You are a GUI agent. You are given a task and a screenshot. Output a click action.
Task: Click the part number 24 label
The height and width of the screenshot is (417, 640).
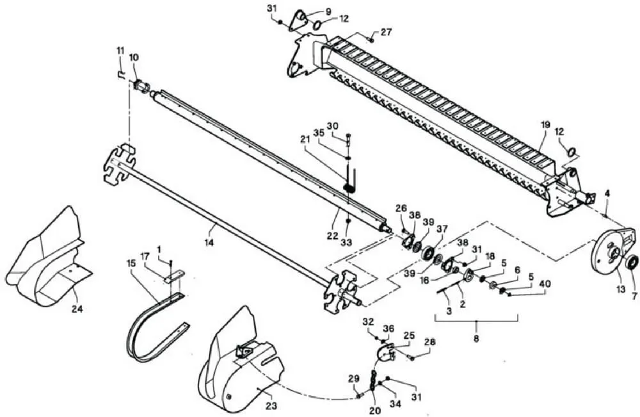coord(77,309)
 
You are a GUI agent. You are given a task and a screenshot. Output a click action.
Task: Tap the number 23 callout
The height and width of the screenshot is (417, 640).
coord(271,405)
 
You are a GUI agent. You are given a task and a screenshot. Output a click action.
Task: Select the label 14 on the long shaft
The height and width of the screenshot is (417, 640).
coord(209,243)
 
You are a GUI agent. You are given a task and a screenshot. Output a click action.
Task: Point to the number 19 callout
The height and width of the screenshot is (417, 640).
coord(546,124)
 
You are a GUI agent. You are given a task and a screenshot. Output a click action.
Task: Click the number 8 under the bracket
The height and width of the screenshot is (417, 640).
coord(476,338)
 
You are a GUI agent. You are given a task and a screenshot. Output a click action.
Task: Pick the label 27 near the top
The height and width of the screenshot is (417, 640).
coord(386,32)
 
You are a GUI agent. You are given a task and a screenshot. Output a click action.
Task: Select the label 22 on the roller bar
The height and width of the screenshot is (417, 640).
coord(332,236)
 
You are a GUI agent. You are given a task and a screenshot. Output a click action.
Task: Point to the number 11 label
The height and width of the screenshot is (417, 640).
coord(120,51)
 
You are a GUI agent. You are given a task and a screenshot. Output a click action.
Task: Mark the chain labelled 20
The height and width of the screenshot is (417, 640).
coord(372,382)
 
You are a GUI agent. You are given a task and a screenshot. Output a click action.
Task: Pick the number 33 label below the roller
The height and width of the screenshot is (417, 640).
coord(346,242)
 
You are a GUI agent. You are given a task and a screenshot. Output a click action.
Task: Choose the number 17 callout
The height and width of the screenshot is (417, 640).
coord(145,257)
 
